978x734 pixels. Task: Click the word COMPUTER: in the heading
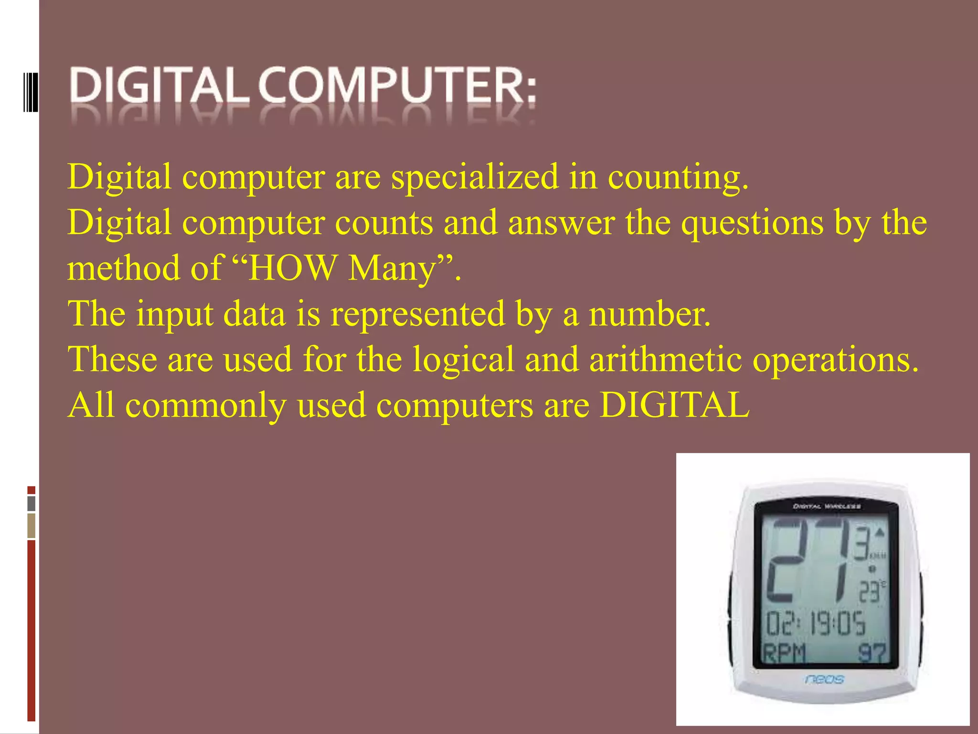pos(398,86)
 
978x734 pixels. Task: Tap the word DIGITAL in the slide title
pos(160,86)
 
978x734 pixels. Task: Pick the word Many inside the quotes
pos(393,270)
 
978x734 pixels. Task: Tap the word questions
pos(752,224)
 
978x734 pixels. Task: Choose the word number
pos(649,314)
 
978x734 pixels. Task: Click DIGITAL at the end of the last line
pos(674,405)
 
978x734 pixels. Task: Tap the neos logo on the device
pos(824,679)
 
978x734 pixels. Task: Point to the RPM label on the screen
pos(784,653)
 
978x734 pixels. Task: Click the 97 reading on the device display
pos(872,653)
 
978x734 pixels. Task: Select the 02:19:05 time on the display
pos(816,624)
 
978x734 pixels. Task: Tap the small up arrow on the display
pos(880,532)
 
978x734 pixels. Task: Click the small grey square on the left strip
pos(32,503)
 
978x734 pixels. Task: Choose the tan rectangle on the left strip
pos(32,526)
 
